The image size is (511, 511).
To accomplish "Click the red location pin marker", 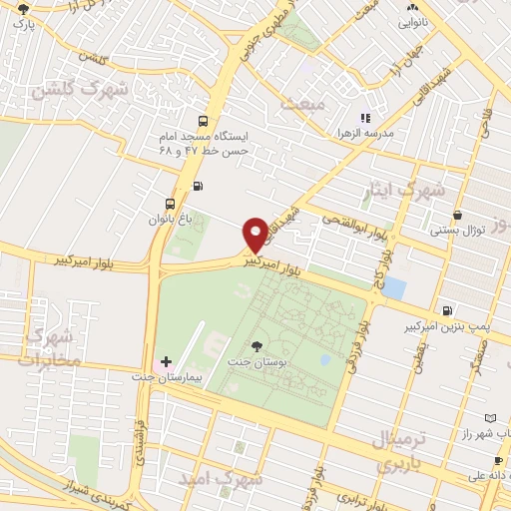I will click(256, 235).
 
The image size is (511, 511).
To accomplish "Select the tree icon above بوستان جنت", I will click(257, 346).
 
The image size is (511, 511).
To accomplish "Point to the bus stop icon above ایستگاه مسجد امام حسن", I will click(205, 116).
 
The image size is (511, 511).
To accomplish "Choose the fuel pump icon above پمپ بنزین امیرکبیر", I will click(446, 310).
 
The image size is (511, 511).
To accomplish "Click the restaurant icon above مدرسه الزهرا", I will click(365, 118).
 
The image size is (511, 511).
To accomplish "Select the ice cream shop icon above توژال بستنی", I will click(457, 215).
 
